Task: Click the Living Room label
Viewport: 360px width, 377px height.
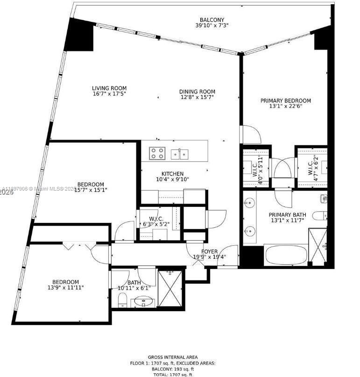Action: click(x=109, y=88)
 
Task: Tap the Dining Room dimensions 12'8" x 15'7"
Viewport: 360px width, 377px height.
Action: click(x=198, y=97)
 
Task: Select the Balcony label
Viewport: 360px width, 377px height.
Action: click(x=212, y=20)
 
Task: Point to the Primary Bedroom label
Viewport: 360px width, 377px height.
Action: click(x=285, y=100)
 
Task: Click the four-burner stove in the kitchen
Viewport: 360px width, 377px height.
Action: click(x=157, y=153)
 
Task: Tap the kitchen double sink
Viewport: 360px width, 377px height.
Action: click(x=179, y=153)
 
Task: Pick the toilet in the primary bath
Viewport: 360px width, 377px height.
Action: click(x=320, y=216)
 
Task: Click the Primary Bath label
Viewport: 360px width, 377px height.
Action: click(x=285, y=215)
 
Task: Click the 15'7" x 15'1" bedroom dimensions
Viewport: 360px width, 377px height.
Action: click(x=91, y=190)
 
